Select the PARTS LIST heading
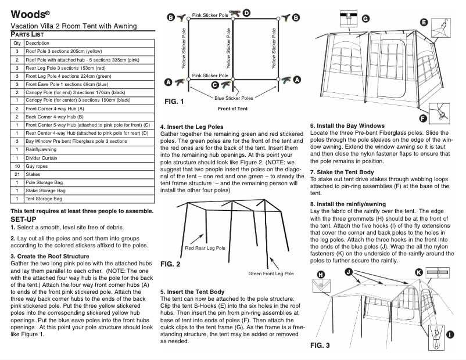coord(31,35)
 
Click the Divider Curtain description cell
coord(46,157)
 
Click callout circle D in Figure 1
coord(246,12)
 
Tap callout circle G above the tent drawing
coord(365,19)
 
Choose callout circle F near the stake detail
coord(423,117)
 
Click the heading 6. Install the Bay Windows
coord(347,126)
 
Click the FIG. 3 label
coord(320,346)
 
